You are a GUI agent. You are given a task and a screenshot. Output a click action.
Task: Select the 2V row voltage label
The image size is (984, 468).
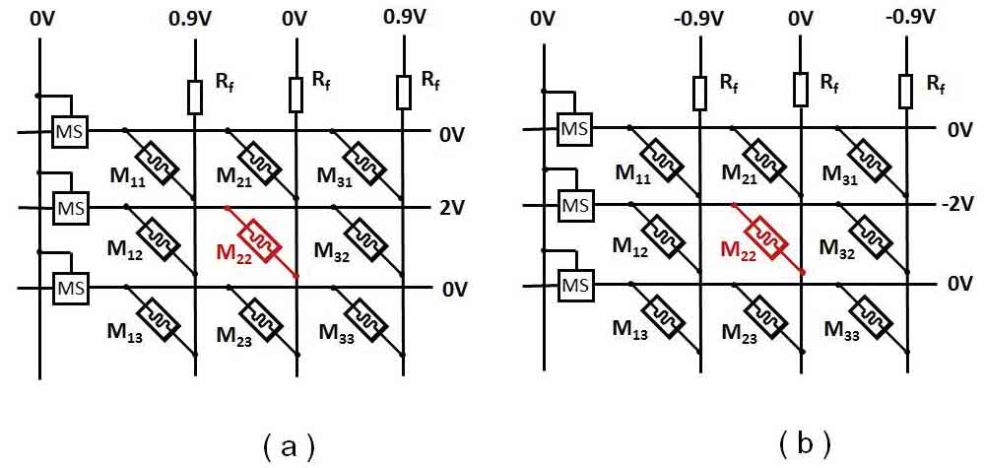[x=454, y=208]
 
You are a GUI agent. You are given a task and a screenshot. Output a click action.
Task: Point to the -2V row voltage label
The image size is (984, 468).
[x=955, y=204]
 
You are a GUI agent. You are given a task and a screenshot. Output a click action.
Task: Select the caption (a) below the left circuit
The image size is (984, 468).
[x=289, y=446]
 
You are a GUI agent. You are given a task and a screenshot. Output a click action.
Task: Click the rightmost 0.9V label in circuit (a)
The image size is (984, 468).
[x=405, y=18]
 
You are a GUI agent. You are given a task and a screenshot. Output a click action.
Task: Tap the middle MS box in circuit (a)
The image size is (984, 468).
[x=69, y=209]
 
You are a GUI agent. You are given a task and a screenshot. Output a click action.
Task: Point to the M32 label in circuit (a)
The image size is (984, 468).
[x=338, y=252]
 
